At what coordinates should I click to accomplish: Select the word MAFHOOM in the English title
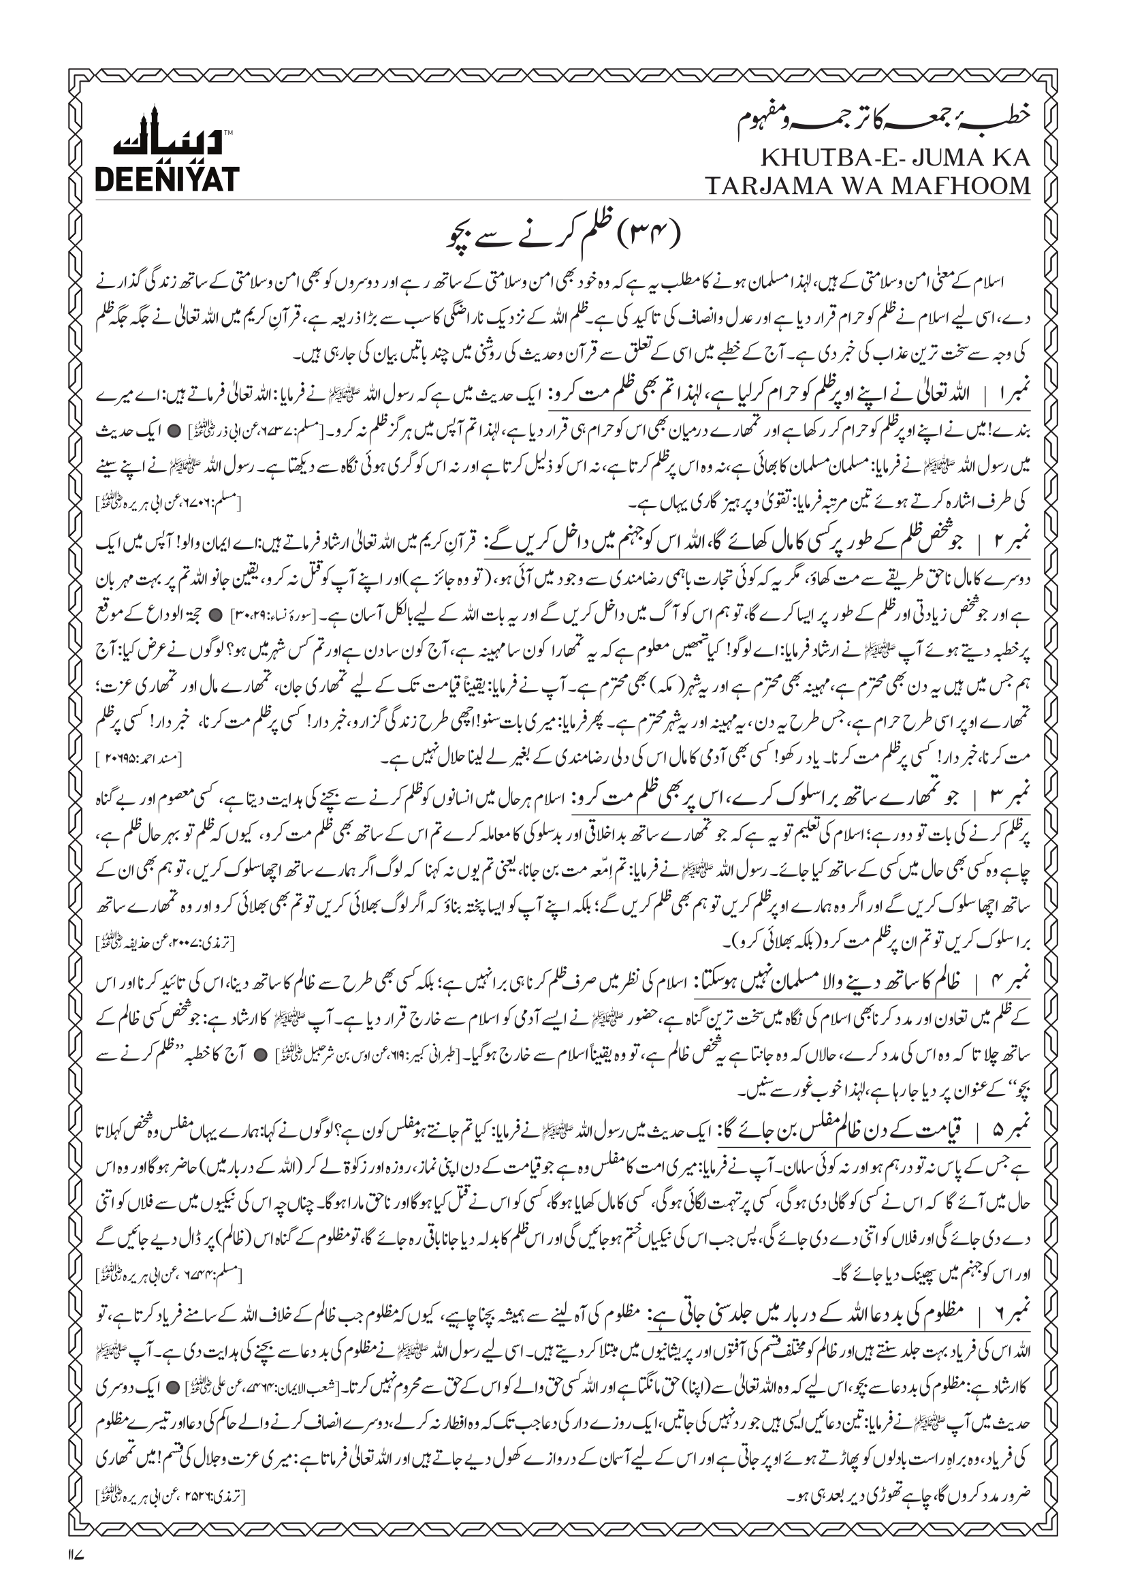[x=960, y=185]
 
